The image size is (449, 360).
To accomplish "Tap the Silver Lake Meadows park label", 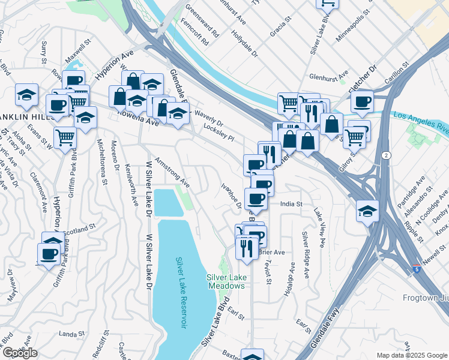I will tap(226, 281).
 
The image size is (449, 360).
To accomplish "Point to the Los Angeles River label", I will tap(421, 121).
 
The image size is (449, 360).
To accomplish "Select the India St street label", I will tap(291, 205).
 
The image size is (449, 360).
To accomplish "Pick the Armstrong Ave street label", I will tap(172, 171).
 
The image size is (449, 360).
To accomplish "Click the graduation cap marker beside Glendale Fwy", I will tap(367, 211).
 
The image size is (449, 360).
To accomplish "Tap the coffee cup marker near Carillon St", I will tap(362, 101).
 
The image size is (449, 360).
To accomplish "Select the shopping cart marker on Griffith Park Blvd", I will tap(65, 137).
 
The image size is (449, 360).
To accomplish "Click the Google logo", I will tap(20, 353).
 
